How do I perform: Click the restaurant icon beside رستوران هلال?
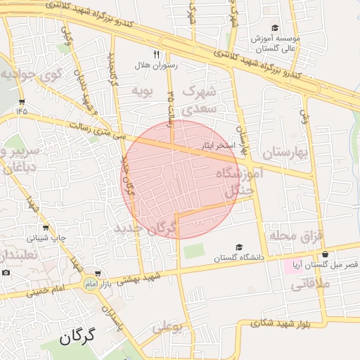point(156,53)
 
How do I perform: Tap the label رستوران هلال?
point(157,65)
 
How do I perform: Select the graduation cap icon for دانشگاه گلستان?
point(239,247)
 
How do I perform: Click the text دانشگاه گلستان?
point(239,258)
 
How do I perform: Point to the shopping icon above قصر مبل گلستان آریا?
point(325,254)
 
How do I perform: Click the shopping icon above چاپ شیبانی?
point(46,228)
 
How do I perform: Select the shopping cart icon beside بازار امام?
point(98,273)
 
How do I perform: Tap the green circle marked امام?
point(89,283)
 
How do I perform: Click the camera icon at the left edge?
point(6,272)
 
